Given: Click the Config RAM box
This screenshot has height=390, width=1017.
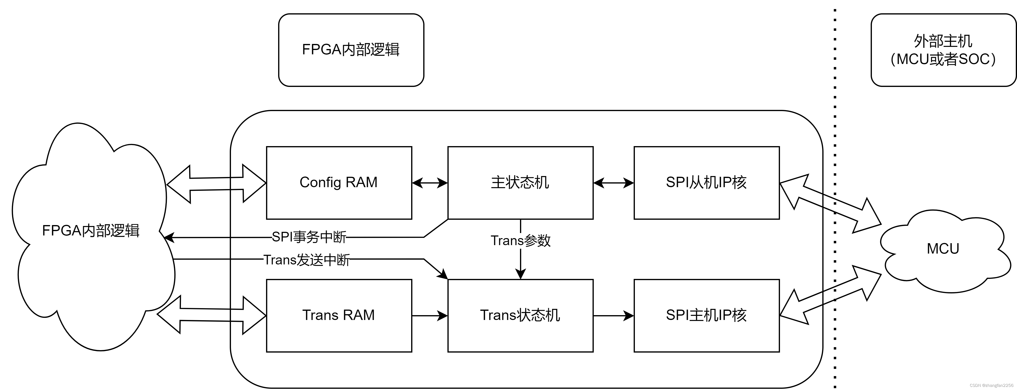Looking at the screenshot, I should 339,183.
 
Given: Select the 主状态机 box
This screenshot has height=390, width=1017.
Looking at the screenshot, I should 520,183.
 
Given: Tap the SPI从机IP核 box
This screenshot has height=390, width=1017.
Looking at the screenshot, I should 706,183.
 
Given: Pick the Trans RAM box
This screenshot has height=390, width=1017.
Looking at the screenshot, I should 339,315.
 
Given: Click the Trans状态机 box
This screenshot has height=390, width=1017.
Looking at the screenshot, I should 520,315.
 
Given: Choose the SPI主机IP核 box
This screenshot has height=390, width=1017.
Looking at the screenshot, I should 706,315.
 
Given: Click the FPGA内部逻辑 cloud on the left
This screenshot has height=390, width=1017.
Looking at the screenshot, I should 91,231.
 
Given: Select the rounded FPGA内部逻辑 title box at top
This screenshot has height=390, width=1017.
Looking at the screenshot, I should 351,50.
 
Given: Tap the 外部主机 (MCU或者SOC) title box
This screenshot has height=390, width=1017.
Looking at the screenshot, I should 943,50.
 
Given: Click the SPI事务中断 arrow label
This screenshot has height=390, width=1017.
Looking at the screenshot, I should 309,237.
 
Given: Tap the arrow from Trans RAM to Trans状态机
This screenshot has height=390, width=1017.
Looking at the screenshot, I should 430,315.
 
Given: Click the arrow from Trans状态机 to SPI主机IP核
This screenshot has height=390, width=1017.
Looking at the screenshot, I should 613,315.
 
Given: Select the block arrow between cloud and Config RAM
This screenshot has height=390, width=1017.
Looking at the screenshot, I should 216,184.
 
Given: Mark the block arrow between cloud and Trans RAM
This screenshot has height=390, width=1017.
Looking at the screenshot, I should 212,315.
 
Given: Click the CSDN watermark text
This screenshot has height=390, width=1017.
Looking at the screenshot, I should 991,385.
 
